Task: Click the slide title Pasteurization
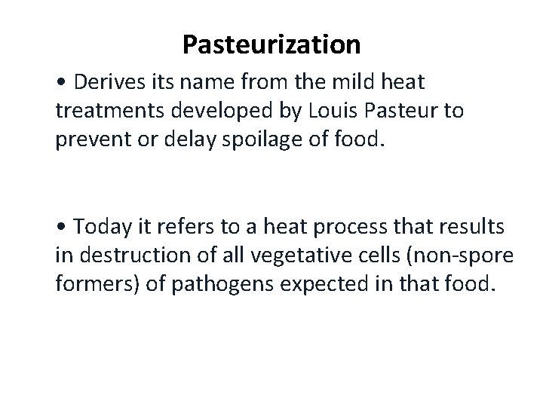coord(271,45)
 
